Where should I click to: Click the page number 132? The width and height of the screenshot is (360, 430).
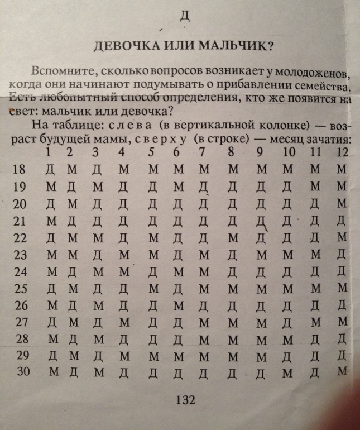click(184, 400)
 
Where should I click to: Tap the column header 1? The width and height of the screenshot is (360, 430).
click(50, 152)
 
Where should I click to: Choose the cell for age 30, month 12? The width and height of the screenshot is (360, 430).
click(342, 371)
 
